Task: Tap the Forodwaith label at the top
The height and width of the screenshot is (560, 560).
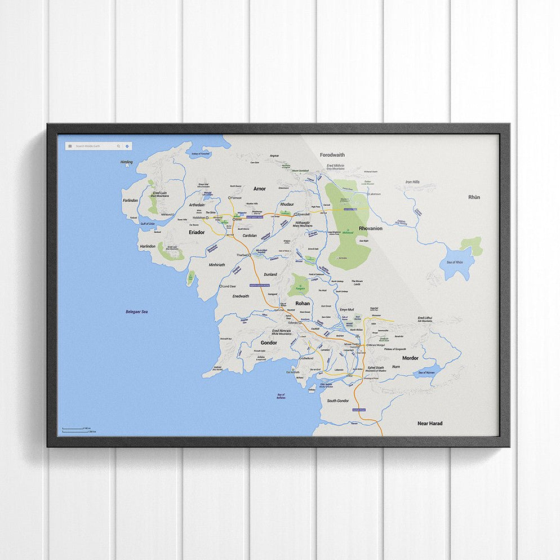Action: click(332, 155)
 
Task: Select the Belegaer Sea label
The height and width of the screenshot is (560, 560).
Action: click(136, 312)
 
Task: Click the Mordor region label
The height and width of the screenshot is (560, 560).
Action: click(410, 358)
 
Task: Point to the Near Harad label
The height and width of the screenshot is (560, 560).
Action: click(429, 423)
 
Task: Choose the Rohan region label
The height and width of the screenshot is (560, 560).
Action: click(303, 303)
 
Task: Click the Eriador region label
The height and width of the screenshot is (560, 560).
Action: click(197, 232)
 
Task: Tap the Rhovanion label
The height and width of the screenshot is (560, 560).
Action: click(370, 228)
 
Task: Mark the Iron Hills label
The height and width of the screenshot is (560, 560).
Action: click(412, 183)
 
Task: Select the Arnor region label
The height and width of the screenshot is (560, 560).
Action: click(259, 189)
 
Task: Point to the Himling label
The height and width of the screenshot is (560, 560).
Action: click(127, 162)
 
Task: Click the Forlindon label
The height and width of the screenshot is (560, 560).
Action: click(130, 200)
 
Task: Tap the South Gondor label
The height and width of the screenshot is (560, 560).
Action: click(338, 401)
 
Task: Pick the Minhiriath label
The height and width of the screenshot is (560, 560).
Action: click(217, 264)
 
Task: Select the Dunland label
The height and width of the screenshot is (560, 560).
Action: click(270, 274)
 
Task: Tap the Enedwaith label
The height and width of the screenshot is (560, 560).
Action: click(241, 296)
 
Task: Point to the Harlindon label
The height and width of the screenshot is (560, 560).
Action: click(147, 246)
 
